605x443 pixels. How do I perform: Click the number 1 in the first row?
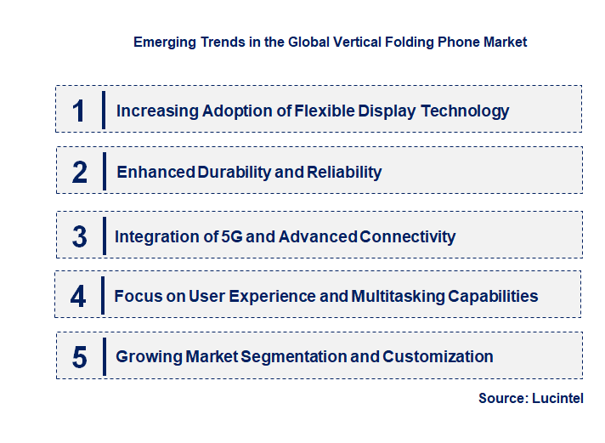(79, 111)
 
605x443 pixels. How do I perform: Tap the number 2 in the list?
(80, 172)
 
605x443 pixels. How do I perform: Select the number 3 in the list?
(80, 236)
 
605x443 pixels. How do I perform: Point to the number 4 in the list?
(79, 296)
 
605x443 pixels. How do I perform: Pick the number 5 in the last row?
(80, 356)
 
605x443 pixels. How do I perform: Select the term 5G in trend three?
(231, 236)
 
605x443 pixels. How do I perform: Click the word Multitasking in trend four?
(397, 296)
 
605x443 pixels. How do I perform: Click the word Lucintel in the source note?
(559, 398)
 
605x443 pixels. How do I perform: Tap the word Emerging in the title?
(162, 42)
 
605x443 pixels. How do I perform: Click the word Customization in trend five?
(438, 356)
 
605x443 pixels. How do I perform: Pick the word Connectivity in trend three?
(408, 236)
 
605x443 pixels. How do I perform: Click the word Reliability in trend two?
(344, 172)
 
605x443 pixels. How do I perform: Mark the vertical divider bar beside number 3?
(103, 236)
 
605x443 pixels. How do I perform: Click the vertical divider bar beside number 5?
(103, 355)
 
